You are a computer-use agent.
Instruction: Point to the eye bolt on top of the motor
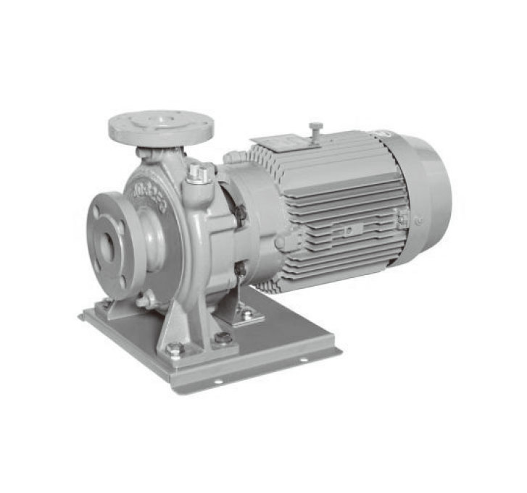[315, 130]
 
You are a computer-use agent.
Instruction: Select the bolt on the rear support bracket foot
[247, 314]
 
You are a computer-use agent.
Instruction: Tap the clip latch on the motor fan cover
[402, 216]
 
